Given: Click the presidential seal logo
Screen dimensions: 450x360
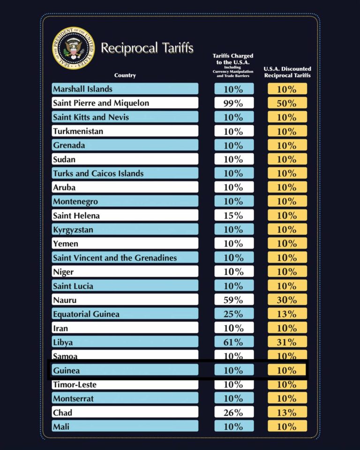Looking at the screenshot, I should pyautogui.click(x=74, y=47).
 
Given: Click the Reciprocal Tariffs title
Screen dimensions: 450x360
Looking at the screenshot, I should pyautogui.click(x=147, y=48).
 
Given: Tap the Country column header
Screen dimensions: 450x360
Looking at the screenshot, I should pyautogui.click(x=125, y=75).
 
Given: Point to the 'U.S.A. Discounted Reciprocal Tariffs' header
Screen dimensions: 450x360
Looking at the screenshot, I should pyautogui.click(x=287, y=72).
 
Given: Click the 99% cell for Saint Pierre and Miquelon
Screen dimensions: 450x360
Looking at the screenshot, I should pyautogui.click(x=233, y=103).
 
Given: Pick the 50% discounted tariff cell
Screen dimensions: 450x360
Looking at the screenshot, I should pyautogui.click(x=287, y=103).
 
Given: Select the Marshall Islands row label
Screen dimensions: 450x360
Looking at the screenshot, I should pyautogui.click(x=83, y=89).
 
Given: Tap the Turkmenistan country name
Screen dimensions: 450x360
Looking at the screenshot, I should pyautogui.click(x=78, y=131).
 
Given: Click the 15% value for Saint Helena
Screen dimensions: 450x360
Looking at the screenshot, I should pyautogui.click(x=233, y=216).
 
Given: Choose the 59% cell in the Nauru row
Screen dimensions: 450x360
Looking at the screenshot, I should pyautogui.click(x=233, y=300).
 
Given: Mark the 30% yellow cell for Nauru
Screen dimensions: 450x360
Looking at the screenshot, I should pyautogui.click(x=287, y=300).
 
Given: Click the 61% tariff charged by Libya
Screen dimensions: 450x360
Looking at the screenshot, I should pyautogui.click(x=233, y=342).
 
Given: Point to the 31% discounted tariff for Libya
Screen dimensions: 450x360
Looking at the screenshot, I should pyautogui.click(x=287, y=342).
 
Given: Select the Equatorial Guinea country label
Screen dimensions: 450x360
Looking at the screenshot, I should pyautogui.click(x=86, y=314).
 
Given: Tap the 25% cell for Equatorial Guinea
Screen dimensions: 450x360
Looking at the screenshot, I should pyautogui.click(x=233, y=314).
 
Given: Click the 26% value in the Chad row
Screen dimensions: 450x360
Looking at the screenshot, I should pyautogui.click(x=233, y=412).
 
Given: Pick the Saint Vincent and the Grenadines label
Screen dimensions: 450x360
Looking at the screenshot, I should pyautogui.click(x=115, y=258).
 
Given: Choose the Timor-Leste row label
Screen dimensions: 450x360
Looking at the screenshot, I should pyautogui.click(x=75, y=385).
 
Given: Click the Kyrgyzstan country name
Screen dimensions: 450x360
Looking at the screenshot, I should pyautogui.click(x=73, y=230).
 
